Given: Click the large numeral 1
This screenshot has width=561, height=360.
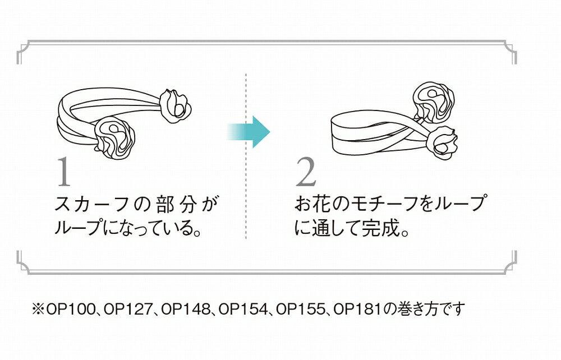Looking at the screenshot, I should point(64,173).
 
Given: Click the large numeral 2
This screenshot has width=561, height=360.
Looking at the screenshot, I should point(306,173).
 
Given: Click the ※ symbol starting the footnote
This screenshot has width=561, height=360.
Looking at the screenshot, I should point(38,309).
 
